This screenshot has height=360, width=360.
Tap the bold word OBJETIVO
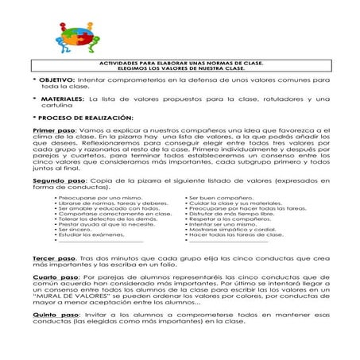[x=56, y=81]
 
